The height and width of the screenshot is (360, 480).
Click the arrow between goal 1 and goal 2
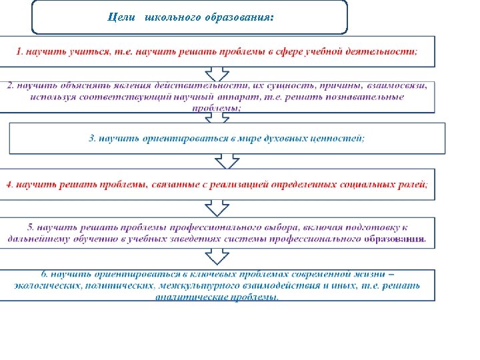(x=217, y=73)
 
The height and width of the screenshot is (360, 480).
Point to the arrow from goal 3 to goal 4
(x=227, y=161)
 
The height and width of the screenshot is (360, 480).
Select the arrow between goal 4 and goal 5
(x=217, y=208)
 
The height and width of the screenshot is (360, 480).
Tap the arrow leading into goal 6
(x=217, y=257)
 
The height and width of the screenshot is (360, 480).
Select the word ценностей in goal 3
(x=336, y=138)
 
